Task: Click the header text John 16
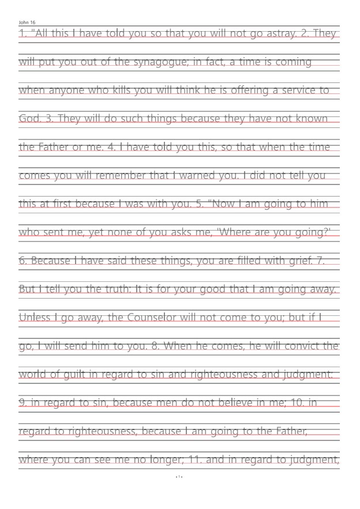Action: pyautogui.click(x=27, y=22)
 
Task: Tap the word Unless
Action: pyautogui.click(x=35, y=317)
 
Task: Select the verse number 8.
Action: pyautogui.click(x=154, y=346)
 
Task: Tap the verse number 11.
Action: pyautogui.click(x=179, y=459)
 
